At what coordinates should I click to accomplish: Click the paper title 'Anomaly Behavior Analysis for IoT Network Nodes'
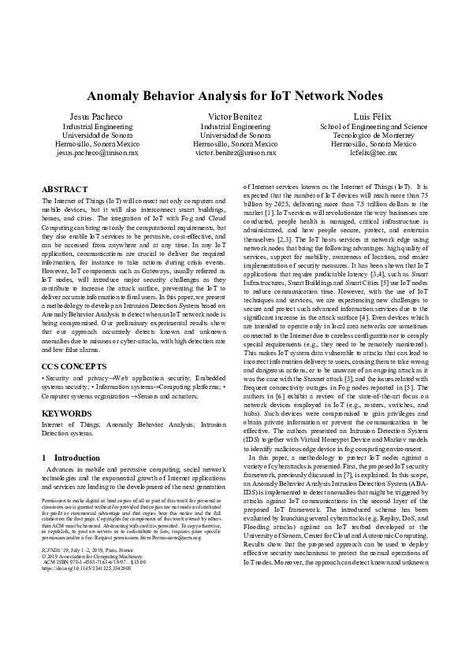pyautogui.click(x=234, y=96)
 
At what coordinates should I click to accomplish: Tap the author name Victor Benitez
pyautogui.click(x=235, y=116)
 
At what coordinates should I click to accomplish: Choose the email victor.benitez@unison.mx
pyautogui.click(x=235, y=154)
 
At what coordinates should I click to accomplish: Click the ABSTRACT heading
pyautogui.click(x=65, y=191)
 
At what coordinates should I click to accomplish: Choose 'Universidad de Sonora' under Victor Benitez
pyautogui.click(x=235, y=135)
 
